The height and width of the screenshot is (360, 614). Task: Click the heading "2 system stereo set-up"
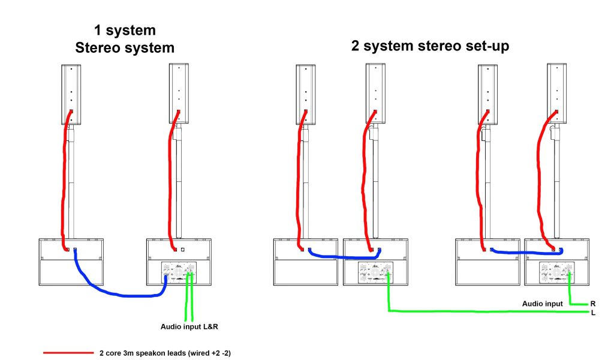pos(430,45)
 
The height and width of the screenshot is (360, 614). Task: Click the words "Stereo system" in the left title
pos(125,49)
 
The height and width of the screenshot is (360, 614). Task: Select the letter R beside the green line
pos(592,304)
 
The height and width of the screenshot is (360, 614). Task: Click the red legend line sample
pos(67,353)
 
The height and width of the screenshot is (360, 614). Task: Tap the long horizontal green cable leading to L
pos(480,311)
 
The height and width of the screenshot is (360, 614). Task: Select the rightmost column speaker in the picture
pos(557,94)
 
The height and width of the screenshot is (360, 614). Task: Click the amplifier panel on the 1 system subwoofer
pos(179,273)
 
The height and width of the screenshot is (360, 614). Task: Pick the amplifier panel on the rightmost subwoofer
pos(556,273)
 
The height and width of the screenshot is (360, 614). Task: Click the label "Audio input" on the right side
pos(543,304)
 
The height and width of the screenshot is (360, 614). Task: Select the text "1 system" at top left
pos(124,29)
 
